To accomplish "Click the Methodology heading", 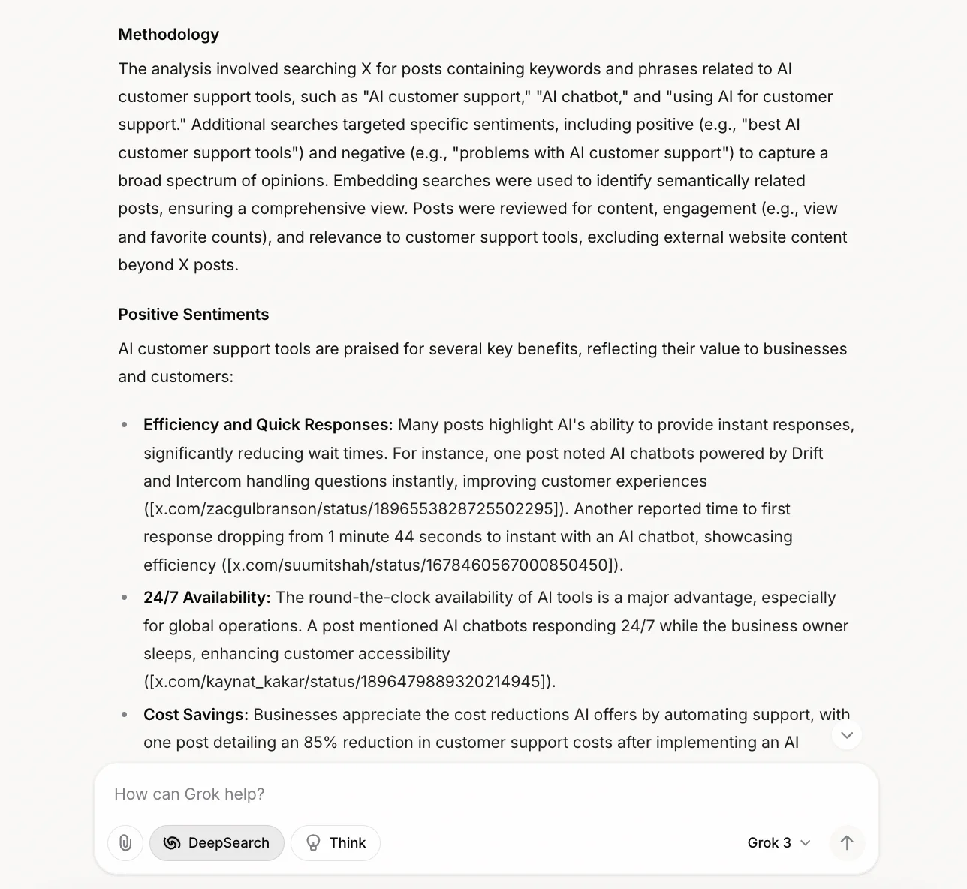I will point(168,35).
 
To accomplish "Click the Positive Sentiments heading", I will point(193,315).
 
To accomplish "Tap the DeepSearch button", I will point(216,842).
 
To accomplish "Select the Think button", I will point(335,842).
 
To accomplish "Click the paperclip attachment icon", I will point(125,842).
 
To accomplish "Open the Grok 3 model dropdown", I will point(779,842).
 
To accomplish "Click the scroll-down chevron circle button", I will point(847,735).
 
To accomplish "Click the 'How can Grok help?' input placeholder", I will point(189,794).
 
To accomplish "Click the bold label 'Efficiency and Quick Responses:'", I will point(268,425).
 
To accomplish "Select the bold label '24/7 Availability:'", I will point(206,598).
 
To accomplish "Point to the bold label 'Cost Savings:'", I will point(195,715).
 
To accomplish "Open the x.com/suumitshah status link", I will point(421,565).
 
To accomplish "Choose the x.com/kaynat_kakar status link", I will point(349,682).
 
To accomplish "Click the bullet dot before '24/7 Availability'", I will point(125,598).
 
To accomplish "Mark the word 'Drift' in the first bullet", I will point(807,454).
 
